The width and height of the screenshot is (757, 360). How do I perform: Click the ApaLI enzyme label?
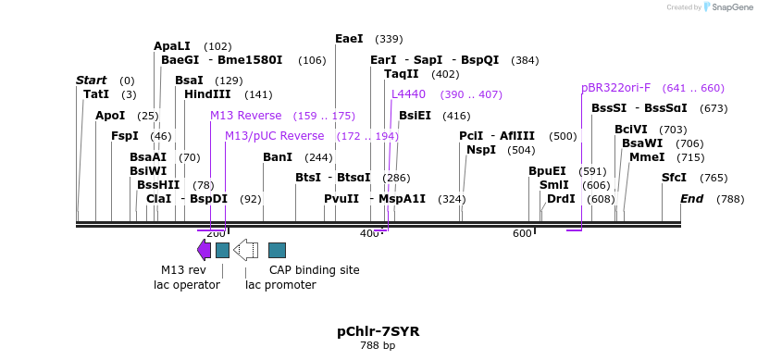(172, 46)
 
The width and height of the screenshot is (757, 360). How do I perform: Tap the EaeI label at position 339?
(349, 39)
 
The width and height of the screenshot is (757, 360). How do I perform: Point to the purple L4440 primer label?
(408, 94)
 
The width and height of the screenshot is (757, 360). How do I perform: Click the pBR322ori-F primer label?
(615, 88)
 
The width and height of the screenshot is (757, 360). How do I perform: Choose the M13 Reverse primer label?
(245, 116)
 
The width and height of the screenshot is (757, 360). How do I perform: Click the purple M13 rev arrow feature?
(204, 250)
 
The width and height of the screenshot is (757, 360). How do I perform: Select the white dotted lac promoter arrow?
(246, 250)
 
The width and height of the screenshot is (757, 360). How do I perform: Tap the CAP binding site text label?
(314, 270)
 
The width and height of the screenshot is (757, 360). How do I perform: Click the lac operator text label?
(187, 285)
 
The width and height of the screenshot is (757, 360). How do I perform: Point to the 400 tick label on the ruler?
(369, 234)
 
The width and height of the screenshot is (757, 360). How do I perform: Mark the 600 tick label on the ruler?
(521, 234)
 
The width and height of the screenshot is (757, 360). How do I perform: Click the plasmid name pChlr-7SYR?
(378, 330)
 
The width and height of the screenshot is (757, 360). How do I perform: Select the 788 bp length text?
(378, 346)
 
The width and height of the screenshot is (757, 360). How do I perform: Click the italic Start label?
(91, 81)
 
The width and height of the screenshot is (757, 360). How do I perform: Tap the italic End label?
(692, 199)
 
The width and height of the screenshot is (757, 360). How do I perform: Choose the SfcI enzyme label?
(674, 178)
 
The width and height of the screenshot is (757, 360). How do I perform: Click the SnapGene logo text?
(730, 7)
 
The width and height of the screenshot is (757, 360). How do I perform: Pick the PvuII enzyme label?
(341, 199)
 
